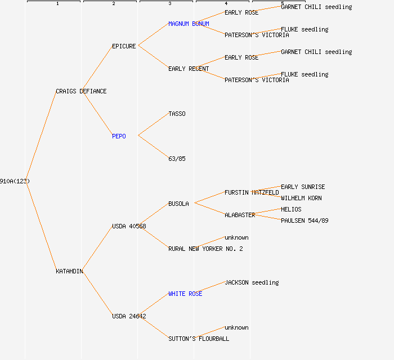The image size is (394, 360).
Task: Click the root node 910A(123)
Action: click(15, 181)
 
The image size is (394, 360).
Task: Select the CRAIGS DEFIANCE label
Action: click(81, 91)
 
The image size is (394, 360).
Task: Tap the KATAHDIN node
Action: click(69, 271)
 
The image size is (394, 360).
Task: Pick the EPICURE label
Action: click(124, 46)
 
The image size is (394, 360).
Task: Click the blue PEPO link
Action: click(119, 136)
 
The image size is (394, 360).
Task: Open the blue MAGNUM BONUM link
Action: click(189, 24)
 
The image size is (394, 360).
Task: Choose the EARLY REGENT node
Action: click(189, 69)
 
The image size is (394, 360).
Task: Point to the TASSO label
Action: click(177, 114)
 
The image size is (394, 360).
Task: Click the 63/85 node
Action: click(177, 159)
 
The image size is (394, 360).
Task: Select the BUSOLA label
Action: click(178, 204)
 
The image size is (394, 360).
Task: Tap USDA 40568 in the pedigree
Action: click(129, 226)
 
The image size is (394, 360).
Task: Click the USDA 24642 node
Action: click(129, 316)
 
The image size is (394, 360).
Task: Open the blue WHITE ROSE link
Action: click(185, 294)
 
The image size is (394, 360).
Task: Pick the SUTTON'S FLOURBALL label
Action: click(199, 339)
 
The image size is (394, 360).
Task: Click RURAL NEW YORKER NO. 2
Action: click(205, 249)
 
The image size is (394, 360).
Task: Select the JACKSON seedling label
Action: click(252, 282)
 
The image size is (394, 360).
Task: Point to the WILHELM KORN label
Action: click(301, 198)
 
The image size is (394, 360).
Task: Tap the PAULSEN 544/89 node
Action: click(305, 220)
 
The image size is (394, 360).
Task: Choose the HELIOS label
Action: click(291, 209)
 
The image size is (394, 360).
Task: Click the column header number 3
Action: click(169, 4)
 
